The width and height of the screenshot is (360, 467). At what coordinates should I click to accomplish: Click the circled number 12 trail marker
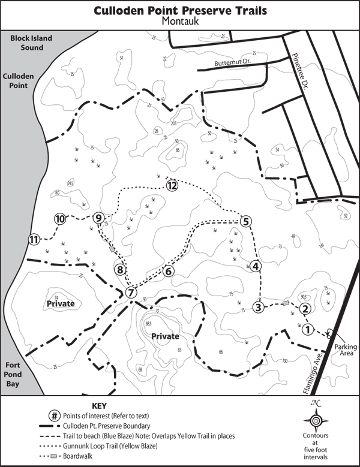172,185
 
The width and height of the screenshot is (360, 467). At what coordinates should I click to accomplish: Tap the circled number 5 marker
245,221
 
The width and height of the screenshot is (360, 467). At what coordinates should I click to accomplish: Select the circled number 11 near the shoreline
34,240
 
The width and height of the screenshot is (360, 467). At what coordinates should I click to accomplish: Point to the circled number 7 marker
130,293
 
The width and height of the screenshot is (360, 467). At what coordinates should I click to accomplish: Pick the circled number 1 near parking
307,329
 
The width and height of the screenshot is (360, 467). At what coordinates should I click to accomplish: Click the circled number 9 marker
100,218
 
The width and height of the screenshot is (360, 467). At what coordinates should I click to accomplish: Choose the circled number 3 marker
259,308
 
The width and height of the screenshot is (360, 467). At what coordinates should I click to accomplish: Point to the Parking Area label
345,350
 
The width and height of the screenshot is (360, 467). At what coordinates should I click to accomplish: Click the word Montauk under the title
179,21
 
